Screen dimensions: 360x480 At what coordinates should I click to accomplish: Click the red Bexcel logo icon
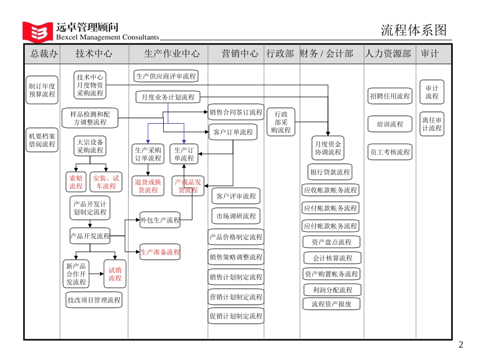[37, 31]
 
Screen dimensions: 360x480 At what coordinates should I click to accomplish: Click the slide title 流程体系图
[414, 30]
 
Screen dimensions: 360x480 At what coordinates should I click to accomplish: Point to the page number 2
[460, 345]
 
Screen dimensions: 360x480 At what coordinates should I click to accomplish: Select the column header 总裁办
[42, 54]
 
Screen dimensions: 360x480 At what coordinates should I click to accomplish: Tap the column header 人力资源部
[388, 54]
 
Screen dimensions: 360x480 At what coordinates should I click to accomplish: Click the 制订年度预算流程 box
[42, 90]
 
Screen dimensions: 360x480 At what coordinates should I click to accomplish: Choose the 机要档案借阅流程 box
[42, 140]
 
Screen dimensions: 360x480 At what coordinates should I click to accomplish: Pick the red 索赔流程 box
[76, 182]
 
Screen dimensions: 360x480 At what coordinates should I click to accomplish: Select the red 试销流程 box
[115, 274]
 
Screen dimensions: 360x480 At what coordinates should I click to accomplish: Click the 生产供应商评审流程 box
[166, 76]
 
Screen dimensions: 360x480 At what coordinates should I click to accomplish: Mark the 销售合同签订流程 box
[236, 112]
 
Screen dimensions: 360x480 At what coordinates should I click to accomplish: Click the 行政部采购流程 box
[281, 122]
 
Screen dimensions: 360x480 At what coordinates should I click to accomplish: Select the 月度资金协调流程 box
[328, 147]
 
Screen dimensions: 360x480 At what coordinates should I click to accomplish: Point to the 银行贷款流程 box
[330, 172]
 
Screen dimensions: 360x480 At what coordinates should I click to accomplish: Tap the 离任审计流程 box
[432, 124]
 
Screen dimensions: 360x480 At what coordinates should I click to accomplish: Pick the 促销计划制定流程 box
[236, 316]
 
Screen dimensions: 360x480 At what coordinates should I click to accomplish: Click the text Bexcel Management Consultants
[108, 37]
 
